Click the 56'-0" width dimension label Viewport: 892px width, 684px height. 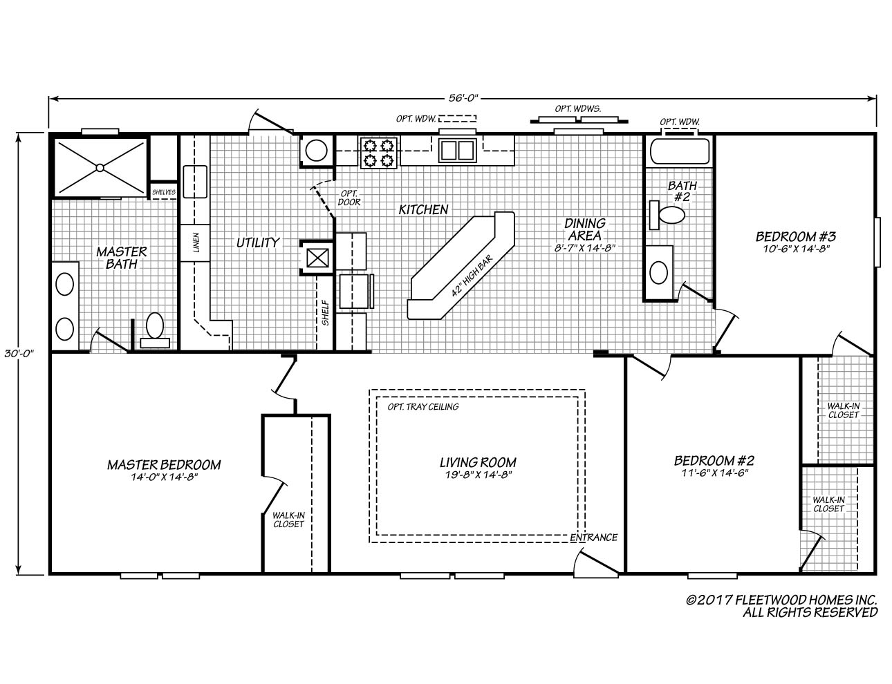click(463, 98)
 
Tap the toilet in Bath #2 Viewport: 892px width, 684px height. click(667, 215)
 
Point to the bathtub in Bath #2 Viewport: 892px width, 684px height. click(678, 152)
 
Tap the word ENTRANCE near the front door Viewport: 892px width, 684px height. click(593, 538)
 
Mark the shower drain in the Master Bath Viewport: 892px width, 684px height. click(100, 167)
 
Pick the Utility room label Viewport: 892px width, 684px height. click(257, 242)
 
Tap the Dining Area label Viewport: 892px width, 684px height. click(585, 229)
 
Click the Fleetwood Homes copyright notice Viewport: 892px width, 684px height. click(781, 606)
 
